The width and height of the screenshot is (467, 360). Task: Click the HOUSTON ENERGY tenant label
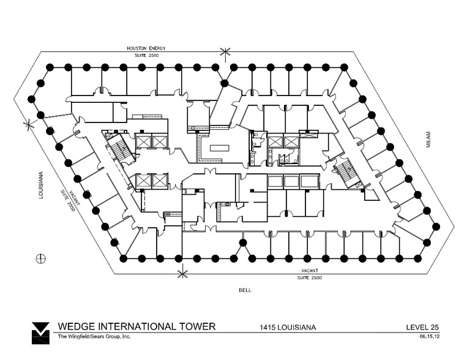pyautogui.click(x=146, y=48)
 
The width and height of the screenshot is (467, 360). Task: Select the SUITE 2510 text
pyautogui.click(x=146, y=55)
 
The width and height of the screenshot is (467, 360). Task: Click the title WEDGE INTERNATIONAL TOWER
pyautogui.click(x=136, y=326)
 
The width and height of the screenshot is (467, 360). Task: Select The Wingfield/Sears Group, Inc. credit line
pyautogui.click(x=94, y=336)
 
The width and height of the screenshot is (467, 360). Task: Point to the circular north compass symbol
pyautogui.click(x=42, y=257)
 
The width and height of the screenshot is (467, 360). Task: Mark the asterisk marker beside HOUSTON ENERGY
pyautogui.click(x=226, y=54)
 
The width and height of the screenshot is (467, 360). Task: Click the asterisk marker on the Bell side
pyautogui.click(x=182, y=272)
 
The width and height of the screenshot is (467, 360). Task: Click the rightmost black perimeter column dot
pyautogui.click(x=436, y=226)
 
